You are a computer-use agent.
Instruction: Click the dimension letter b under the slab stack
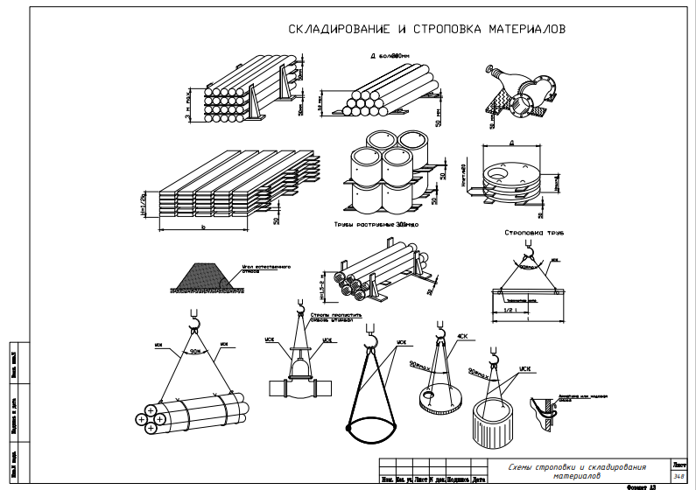(x=202, y=230)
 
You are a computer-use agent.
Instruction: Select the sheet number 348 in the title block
(x=678, y=478)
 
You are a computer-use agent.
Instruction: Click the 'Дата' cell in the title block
(x=479, y=479)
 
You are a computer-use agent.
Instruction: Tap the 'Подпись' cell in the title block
(x=460, y=479)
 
